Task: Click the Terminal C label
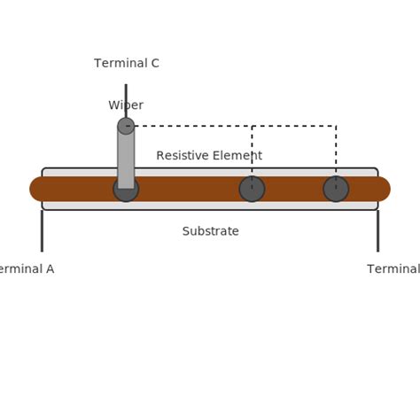[127, 63]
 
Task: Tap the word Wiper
[126, 105]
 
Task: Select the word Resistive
[183, 156]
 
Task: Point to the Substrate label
[210, 231]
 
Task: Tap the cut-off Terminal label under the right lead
[393, 269]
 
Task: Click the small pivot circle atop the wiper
[126, 126]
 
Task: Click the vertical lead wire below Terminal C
[126, 99]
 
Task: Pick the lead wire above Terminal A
[42, 230]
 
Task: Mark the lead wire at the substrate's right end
[377, 230]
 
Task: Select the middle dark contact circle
[252, 189]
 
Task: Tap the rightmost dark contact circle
[336, 189]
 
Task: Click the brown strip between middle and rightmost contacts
[293, 189]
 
